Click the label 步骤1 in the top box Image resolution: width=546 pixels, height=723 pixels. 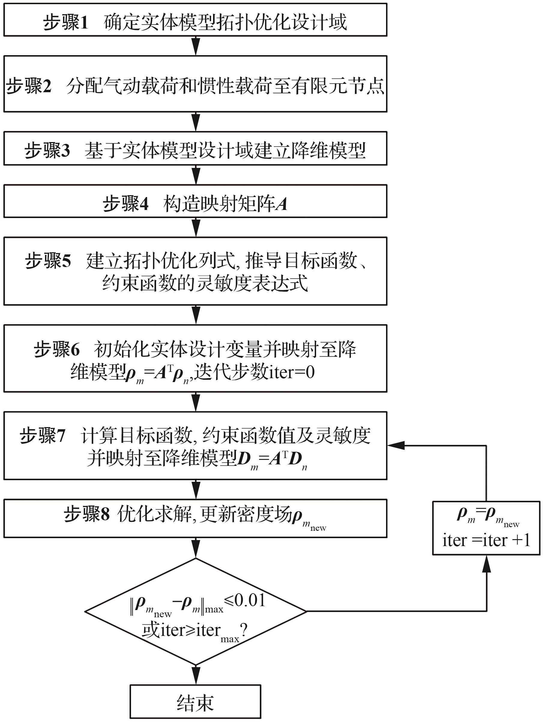click(66, 22)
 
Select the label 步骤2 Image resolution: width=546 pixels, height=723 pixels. click(29, 86)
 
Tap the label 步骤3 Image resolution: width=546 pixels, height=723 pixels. click(47, 150)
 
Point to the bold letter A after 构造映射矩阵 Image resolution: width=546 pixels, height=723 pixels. click(281, 204)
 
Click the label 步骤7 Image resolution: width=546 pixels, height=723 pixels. click(42, 436)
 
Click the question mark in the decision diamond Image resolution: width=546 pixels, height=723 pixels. click(243, 629)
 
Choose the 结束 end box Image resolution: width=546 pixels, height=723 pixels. click(195, 703)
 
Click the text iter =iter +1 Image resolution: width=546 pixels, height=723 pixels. click(486, 540)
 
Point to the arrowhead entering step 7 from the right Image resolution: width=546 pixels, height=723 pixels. click(396, 445)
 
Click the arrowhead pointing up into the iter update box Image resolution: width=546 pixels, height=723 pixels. click(487, 564)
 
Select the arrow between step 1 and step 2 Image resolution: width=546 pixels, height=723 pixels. click(196, 46)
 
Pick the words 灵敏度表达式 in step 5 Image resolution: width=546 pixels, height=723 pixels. click(252, 283)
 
